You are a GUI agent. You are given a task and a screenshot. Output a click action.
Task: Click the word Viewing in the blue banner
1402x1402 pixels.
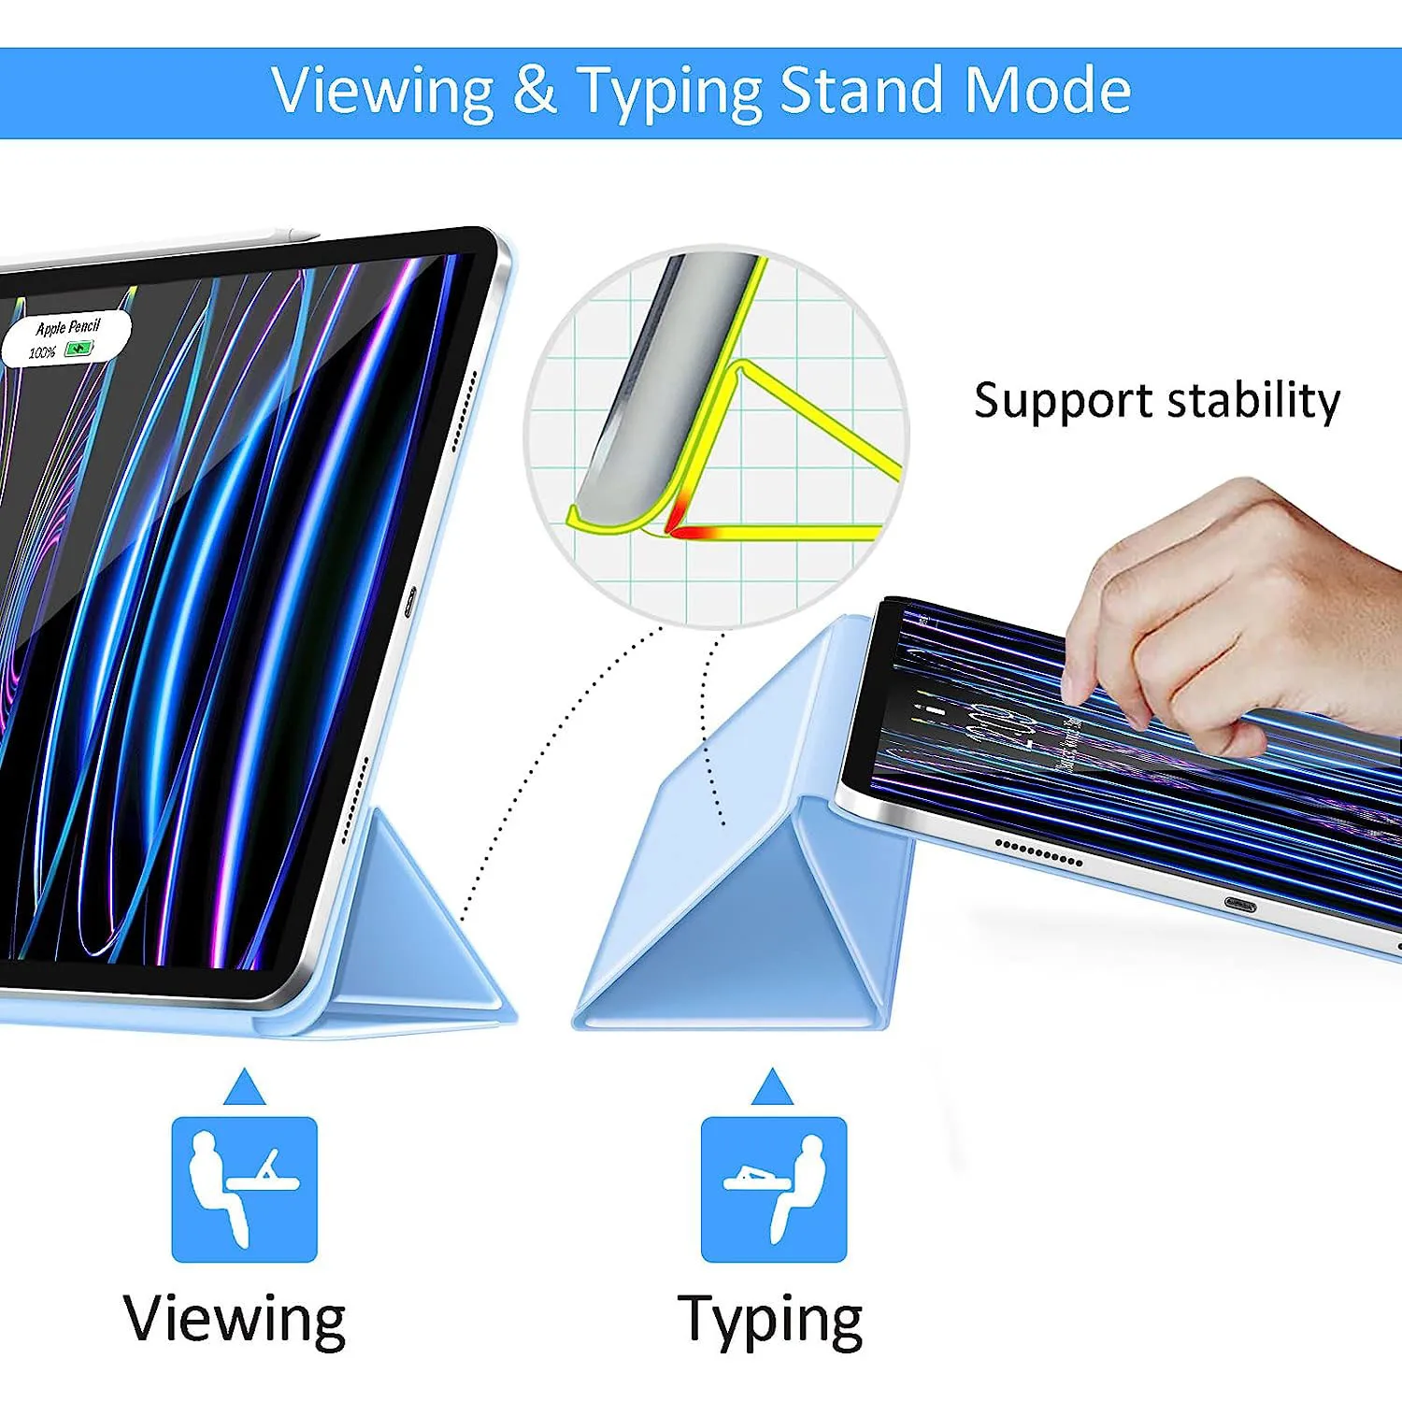[x=382, y=92]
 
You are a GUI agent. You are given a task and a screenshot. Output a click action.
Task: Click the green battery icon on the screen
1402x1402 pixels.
[x=79, y=349]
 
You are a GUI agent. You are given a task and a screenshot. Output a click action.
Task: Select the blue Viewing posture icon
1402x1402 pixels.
[x=244, y=1189]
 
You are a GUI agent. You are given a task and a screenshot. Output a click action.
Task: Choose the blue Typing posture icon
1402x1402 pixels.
[x=774, y=1189]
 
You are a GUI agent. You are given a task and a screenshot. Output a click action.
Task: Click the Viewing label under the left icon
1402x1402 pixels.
[x=235, y=1319]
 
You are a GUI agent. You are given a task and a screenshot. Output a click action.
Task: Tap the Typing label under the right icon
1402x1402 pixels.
[x=770, y=1321]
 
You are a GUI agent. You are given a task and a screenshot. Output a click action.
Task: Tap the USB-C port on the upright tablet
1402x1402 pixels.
[x=409, y=602]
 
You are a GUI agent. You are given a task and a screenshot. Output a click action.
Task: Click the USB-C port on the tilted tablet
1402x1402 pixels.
[x=1240, y=905]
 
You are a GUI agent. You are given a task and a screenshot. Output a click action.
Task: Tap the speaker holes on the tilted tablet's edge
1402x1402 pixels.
[x=1038, y=853]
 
